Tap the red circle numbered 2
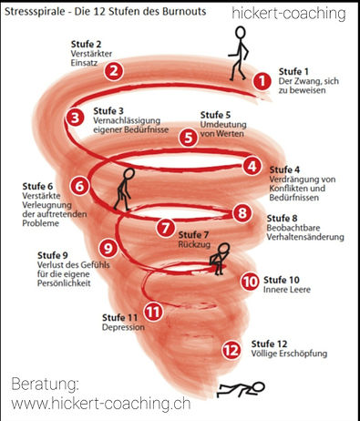[114, 70]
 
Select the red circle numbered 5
[188, 139]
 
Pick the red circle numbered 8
[242, 213]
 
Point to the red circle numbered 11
[154, 311]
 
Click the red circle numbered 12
[231, 348]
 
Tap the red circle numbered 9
[108, 247]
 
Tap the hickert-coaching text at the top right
[288, 14]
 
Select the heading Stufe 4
[284, 169]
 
